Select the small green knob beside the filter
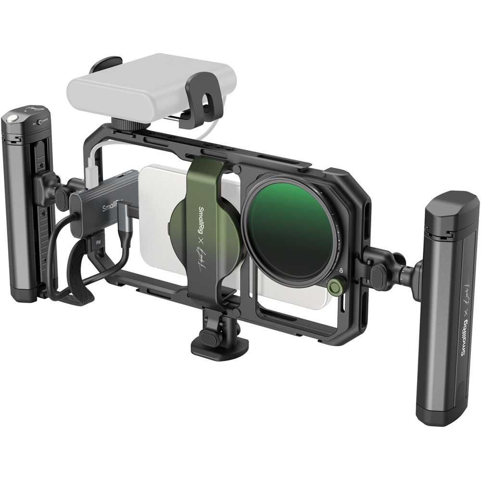coord(335,287)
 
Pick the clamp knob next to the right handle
coord(380,273)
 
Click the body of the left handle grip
coord(22,207)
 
